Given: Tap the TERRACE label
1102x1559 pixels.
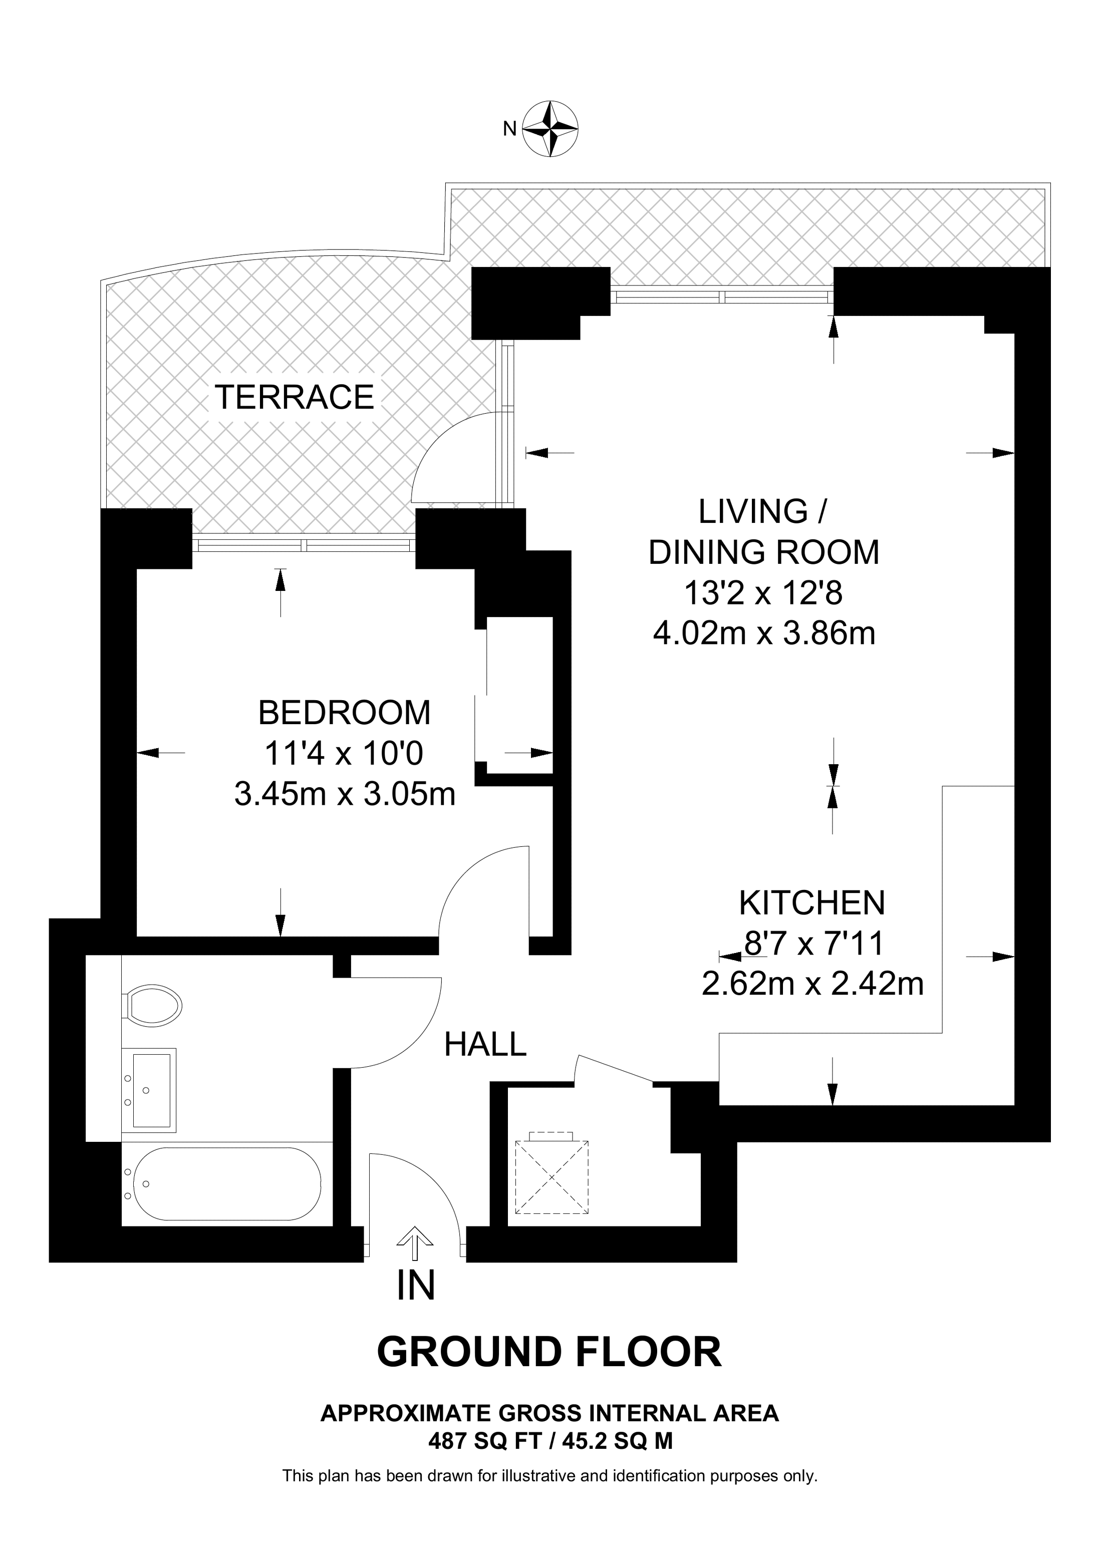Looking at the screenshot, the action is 294,397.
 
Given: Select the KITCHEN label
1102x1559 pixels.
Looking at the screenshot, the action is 811,902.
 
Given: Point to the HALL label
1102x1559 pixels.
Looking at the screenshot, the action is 485,1044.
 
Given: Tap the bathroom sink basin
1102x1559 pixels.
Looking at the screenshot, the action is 150,1092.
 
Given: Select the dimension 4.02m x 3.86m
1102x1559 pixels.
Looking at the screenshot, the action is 764,633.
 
